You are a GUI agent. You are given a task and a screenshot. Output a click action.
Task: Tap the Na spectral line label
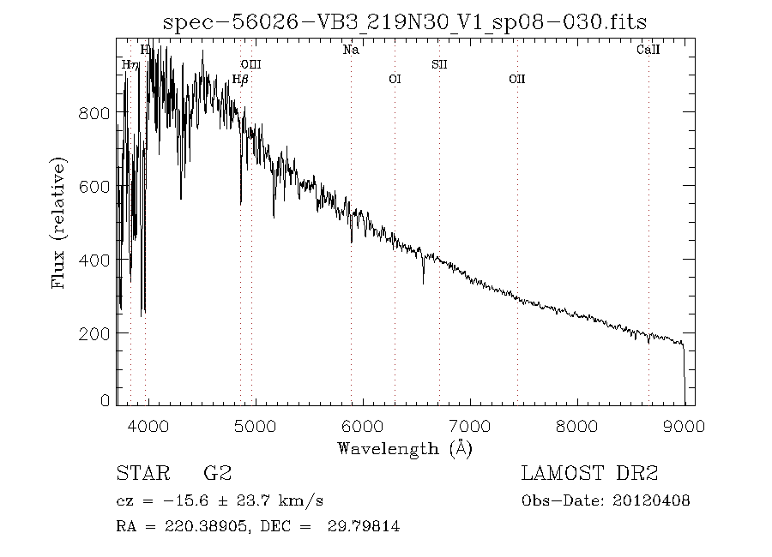tap(351, 50)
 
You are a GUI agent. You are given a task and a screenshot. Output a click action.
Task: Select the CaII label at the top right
tap(648, 50)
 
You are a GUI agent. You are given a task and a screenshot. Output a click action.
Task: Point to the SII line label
tap(439, 64)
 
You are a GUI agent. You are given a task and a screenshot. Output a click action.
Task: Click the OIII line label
tap(250, 64)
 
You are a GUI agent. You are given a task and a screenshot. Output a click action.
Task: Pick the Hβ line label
tap(241, 80)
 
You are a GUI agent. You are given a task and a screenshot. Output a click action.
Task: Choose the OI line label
tap(395, 80)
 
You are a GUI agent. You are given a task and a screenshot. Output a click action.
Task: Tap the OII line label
tap(516, 80)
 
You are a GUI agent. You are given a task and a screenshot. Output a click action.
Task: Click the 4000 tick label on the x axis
tap(148, 426)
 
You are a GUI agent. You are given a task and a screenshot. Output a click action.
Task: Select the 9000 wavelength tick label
tap(685, 426)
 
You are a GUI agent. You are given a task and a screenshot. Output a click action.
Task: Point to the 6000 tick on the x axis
tap(363, 426)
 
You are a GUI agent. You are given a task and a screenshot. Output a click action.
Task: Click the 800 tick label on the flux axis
tap(95, 113)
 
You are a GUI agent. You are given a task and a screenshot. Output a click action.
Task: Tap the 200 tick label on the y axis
tap(95, 332)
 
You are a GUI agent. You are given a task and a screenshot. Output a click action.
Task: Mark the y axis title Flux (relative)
tap(59, 222)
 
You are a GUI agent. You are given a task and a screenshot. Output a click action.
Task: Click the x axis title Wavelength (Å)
tap(405, 448)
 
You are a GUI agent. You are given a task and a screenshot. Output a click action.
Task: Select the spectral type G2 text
tap(217, 474)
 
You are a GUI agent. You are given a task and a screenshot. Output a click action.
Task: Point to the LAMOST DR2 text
tap(589, 474)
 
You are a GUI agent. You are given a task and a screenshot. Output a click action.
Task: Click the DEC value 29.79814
tap(365, 527)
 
